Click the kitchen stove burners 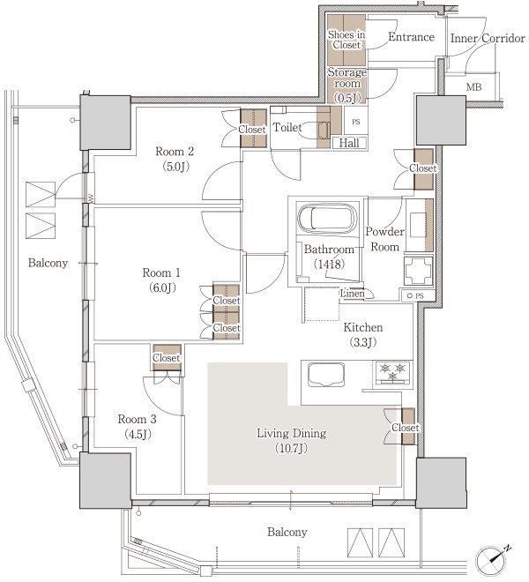tap(391, 371)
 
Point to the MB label tap(473, 87)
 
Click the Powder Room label tap(384, 238)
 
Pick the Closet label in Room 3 tap(167, 358)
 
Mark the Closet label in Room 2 tap(254, 130)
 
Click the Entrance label tap(411, 37)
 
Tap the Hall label tap(347, 143)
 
